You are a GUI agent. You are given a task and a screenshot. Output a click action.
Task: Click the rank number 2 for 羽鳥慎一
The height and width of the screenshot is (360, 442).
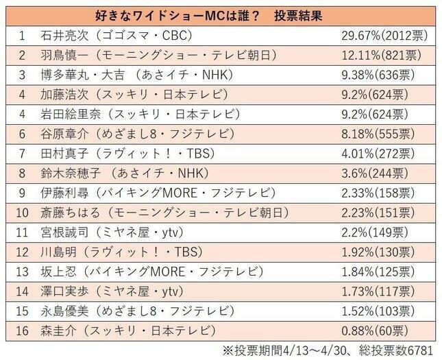(x=22, y=53)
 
